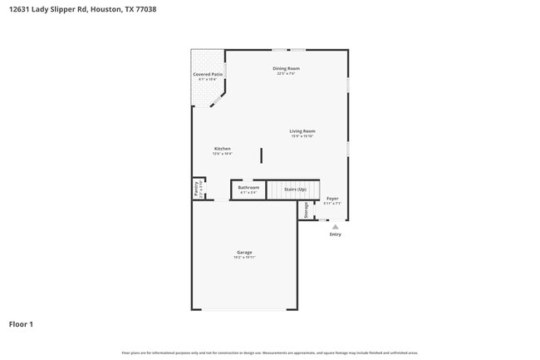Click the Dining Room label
click(286, 68)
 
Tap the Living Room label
click(302, 131)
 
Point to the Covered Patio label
click(208, 75)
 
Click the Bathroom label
click(248, 188)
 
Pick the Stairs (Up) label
click(296, 190)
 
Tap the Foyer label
click(332, 199)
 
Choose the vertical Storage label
click(306, 210)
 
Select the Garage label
click(244, 252)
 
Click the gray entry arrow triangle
click(335, 225)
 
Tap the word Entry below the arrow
click(335, 234)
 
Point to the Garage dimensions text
click(244, 258)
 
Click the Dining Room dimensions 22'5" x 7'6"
click(286, 74)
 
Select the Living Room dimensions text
click(302, 136)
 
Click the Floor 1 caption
click(21, 323)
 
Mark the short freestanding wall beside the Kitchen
click(262, 155)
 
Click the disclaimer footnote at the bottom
click(269, 353)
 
